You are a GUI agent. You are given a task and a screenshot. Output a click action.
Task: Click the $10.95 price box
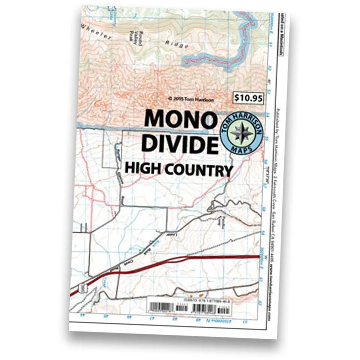[248, 98]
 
